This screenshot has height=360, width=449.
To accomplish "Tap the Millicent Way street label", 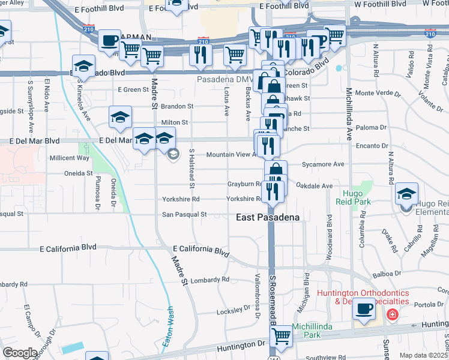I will point(70,158).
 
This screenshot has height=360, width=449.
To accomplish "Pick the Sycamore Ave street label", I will point(323,164).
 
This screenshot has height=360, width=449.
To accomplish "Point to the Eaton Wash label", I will point(168,327).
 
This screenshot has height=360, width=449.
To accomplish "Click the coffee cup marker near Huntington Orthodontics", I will point(364,310).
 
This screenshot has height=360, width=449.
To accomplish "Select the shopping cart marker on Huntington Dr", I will point(280,337).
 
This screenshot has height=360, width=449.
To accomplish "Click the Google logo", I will point(19,353).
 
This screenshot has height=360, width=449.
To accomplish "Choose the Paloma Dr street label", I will point(370,128).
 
